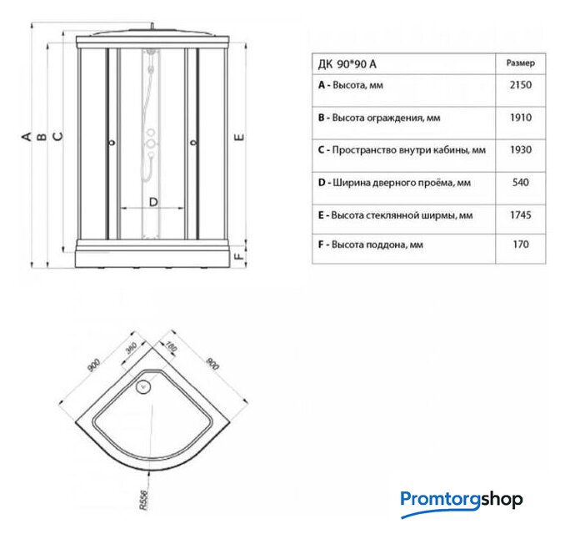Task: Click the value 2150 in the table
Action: (x=520, y=85)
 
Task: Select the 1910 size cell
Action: (x=520, y=118)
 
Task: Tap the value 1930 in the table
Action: (x=520, y=149)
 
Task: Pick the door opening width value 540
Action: (x=520, y=182)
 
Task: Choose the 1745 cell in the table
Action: (x=520, y=215)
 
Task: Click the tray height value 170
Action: (x=521, y=244)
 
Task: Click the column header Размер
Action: (x=520, y=63)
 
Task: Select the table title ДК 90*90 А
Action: (x=347, y=64)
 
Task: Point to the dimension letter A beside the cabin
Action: (x=27, y=136)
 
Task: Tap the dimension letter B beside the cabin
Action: (x=42, y=136)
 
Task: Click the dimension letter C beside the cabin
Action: (x=57, y=136)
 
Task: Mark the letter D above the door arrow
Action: (x=153, y=202)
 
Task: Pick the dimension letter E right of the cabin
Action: (x=239, y=137)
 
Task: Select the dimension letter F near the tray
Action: (x=239, y=256)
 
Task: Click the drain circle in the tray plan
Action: (x=143, y=387)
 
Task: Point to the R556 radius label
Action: (x=143, y=500)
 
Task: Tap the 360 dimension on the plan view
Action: (x=131, y=348)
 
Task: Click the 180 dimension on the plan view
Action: (x=171, y=346)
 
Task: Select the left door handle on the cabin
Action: (x=112, y=143)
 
